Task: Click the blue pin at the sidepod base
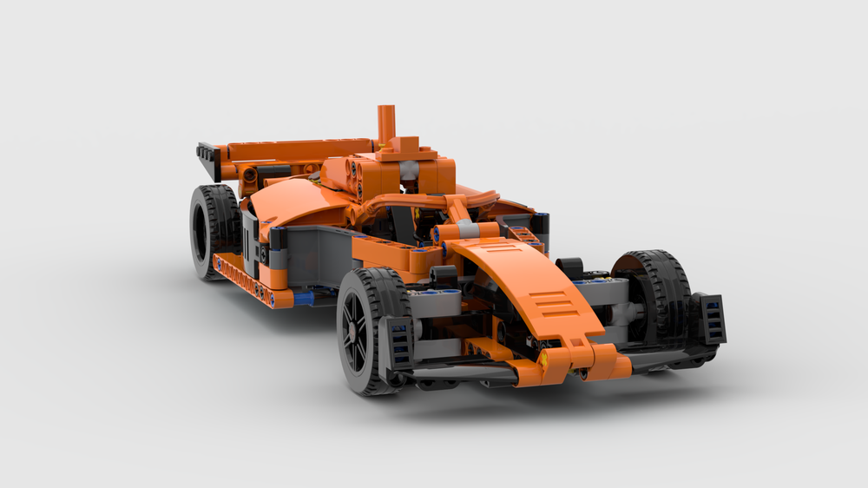click(x=304, y=297)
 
